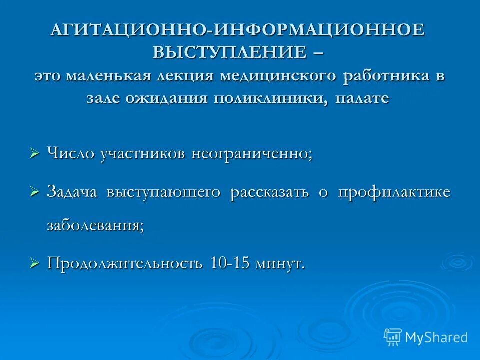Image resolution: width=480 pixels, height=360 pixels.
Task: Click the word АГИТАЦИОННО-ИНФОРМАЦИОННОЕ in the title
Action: (x=238, y=30)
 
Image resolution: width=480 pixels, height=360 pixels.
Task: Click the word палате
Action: (x=362, y=98)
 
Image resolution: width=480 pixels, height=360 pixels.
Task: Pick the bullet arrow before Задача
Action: (x=34, y=192)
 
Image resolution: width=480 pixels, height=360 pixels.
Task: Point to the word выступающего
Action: (x=163, y=193)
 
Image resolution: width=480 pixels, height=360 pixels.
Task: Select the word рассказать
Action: (x=270, y=193)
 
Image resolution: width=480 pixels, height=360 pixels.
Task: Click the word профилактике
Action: (x=394, y=193)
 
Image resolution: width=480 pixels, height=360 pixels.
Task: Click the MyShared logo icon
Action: (x=393, y=337)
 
